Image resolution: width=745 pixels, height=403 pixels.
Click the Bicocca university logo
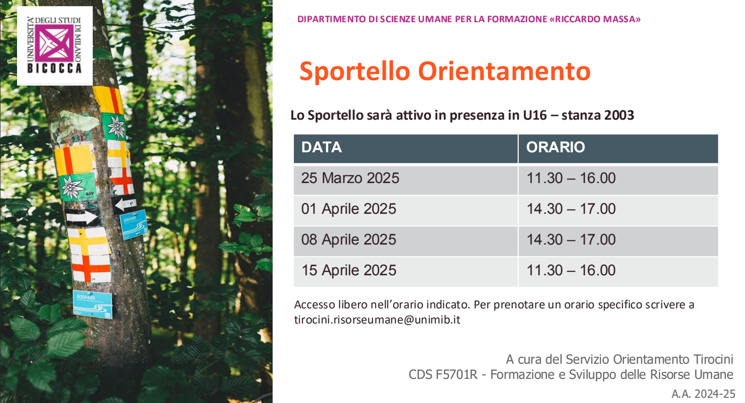pyautogui.click(x=55, y=46)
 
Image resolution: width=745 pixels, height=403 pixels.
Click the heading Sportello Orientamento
pyautogui.click(x=445, y=71)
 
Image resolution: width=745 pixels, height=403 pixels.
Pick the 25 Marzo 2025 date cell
pyautogui.click(x=406, y=180)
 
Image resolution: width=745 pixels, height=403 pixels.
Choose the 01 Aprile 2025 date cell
pyautogui.click(x=406, y=210)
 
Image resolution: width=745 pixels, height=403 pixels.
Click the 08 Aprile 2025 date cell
pyautogui.click(x=406, y=241)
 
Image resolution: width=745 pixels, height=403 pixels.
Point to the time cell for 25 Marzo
pyautogui.click(x=618, y=180)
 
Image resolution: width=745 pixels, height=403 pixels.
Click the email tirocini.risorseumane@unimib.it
pyautogui.click(x=377, y=320)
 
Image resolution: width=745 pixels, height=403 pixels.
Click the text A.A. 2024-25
pyautogui.click(x=703, y=394)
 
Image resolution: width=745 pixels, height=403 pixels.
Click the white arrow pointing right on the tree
pyautogui.click(x=82, y=218)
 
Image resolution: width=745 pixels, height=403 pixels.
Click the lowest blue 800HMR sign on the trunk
pyautogui.click(x=92, y=304)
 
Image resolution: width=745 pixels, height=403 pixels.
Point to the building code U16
pyautogui.click(x=535, y=115)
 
